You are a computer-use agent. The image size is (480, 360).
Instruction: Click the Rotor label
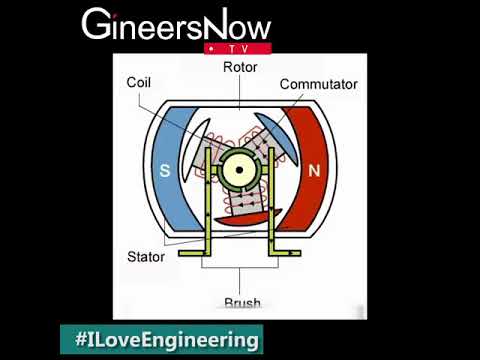(240, 67)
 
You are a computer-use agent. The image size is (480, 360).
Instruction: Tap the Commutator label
(319, 84)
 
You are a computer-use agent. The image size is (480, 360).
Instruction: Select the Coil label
(140, 83)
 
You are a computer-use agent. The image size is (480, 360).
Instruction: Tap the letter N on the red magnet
(314, 170)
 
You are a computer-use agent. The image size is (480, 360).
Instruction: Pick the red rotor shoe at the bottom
(243, 215)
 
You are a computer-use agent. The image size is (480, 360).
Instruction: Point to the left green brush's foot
(196, 254)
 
